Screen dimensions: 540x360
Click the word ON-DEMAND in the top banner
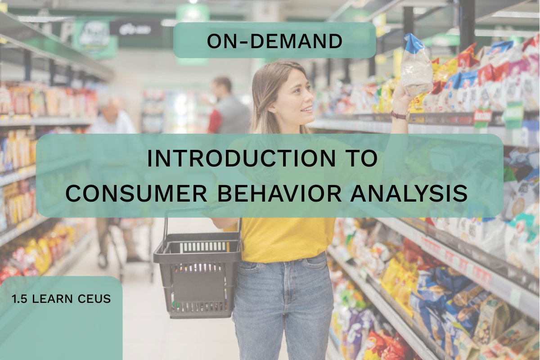274,41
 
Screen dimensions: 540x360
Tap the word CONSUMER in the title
136,193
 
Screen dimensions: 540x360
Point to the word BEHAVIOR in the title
279,193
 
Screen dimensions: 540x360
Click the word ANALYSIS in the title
409,193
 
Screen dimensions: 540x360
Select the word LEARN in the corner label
52,299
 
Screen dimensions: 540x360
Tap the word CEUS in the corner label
94,299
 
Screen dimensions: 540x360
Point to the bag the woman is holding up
416,66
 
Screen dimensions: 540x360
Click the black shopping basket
197,275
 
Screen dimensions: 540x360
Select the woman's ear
273,106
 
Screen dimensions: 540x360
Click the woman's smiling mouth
307,110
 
